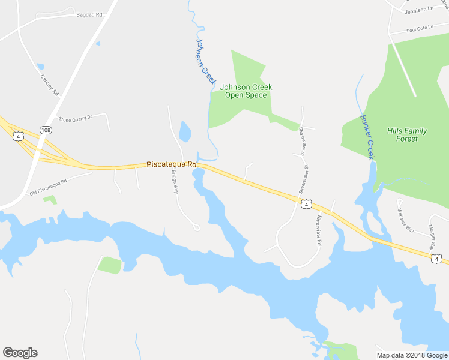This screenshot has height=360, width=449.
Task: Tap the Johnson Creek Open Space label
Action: point(246,91)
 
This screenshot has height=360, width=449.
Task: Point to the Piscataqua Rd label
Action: point(172,164)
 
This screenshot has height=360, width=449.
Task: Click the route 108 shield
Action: point(46,130)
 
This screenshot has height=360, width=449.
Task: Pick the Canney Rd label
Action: point(49,85)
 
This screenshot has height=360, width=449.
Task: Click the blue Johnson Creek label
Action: point(205,61)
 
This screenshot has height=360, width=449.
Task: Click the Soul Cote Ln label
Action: point(420,29)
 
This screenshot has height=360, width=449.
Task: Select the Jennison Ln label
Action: point(418,10)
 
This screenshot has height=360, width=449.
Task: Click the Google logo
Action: point(20,353)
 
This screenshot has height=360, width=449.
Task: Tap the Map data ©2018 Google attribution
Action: point(412,355)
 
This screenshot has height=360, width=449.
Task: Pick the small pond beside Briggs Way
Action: point(185,131)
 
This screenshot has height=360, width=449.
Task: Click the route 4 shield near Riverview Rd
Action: point(307,205)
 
